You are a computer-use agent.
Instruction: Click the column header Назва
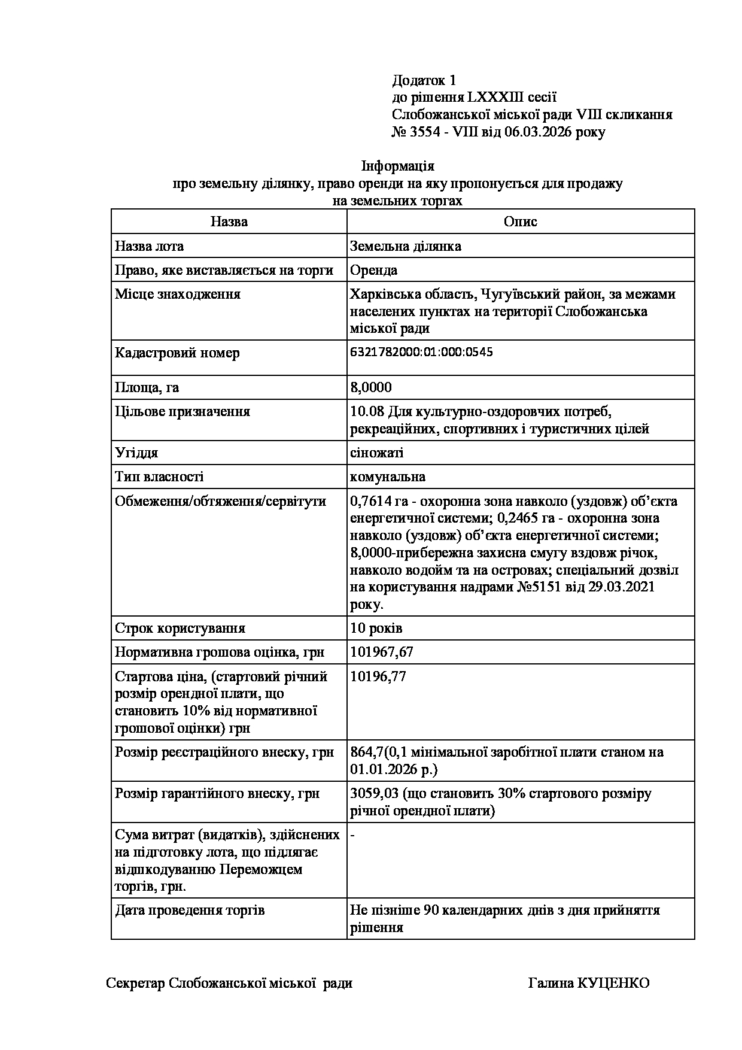point(229,221)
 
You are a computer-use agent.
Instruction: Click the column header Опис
point(520,221)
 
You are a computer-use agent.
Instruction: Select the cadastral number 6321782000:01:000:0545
point(421,352)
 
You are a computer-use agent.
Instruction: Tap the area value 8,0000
point(371,387)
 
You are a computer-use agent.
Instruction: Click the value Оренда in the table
point(374,270)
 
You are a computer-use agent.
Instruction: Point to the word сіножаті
point(377,453)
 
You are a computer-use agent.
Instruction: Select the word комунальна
point(388,477)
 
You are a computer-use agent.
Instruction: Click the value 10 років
point(376,628)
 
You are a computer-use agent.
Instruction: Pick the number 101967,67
point(382,652)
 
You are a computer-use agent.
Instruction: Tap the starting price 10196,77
point(378,676)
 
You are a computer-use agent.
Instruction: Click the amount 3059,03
point(375,794)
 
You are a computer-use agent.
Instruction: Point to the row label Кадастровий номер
point(177,353)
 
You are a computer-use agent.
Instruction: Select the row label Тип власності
point(159,477)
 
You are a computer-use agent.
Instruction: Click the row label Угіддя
point(136,453)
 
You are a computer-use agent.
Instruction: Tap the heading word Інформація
point(398,166)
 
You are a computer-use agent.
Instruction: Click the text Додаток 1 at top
point(424,80)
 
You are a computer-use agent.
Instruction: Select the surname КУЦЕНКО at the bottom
point(613,983)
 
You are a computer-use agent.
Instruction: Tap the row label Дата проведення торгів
point(190,911)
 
